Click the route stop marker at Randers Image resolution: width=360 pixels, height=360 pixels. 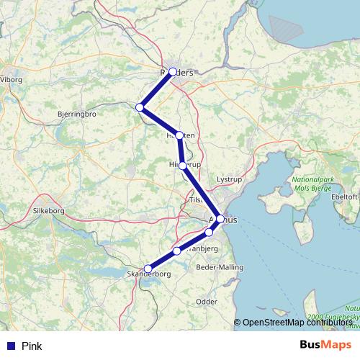point(173,72)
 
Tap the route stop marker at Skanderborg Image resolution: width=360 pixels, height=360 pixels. point(148,269)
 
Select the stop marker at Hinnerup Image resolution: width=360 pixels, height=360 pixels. point(183,166)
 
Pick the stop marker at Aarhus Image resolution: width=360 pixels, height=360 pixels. point(220,219)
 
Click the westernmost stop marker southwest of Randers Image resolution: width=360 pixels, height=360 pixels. point(140,108)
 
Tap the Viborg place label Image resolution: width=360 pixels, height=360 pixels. point(12,80)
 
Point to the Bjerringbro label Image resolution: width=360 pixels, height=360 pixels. point(76,114)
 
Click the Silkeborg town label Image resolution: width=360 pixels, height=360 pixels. point(48,212)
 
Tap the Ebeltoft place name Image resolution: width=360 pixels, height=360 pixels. point(343,196)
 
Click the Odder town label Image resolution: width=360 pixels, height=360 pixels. point(207,302)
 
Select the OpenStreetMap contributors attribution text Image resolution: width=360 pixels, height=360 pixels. point(299,323)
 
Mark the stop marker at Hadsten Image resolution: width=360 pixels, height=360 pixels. point(180,135)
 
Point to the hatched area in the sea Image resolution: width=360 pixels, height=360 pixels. point(288,29)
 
